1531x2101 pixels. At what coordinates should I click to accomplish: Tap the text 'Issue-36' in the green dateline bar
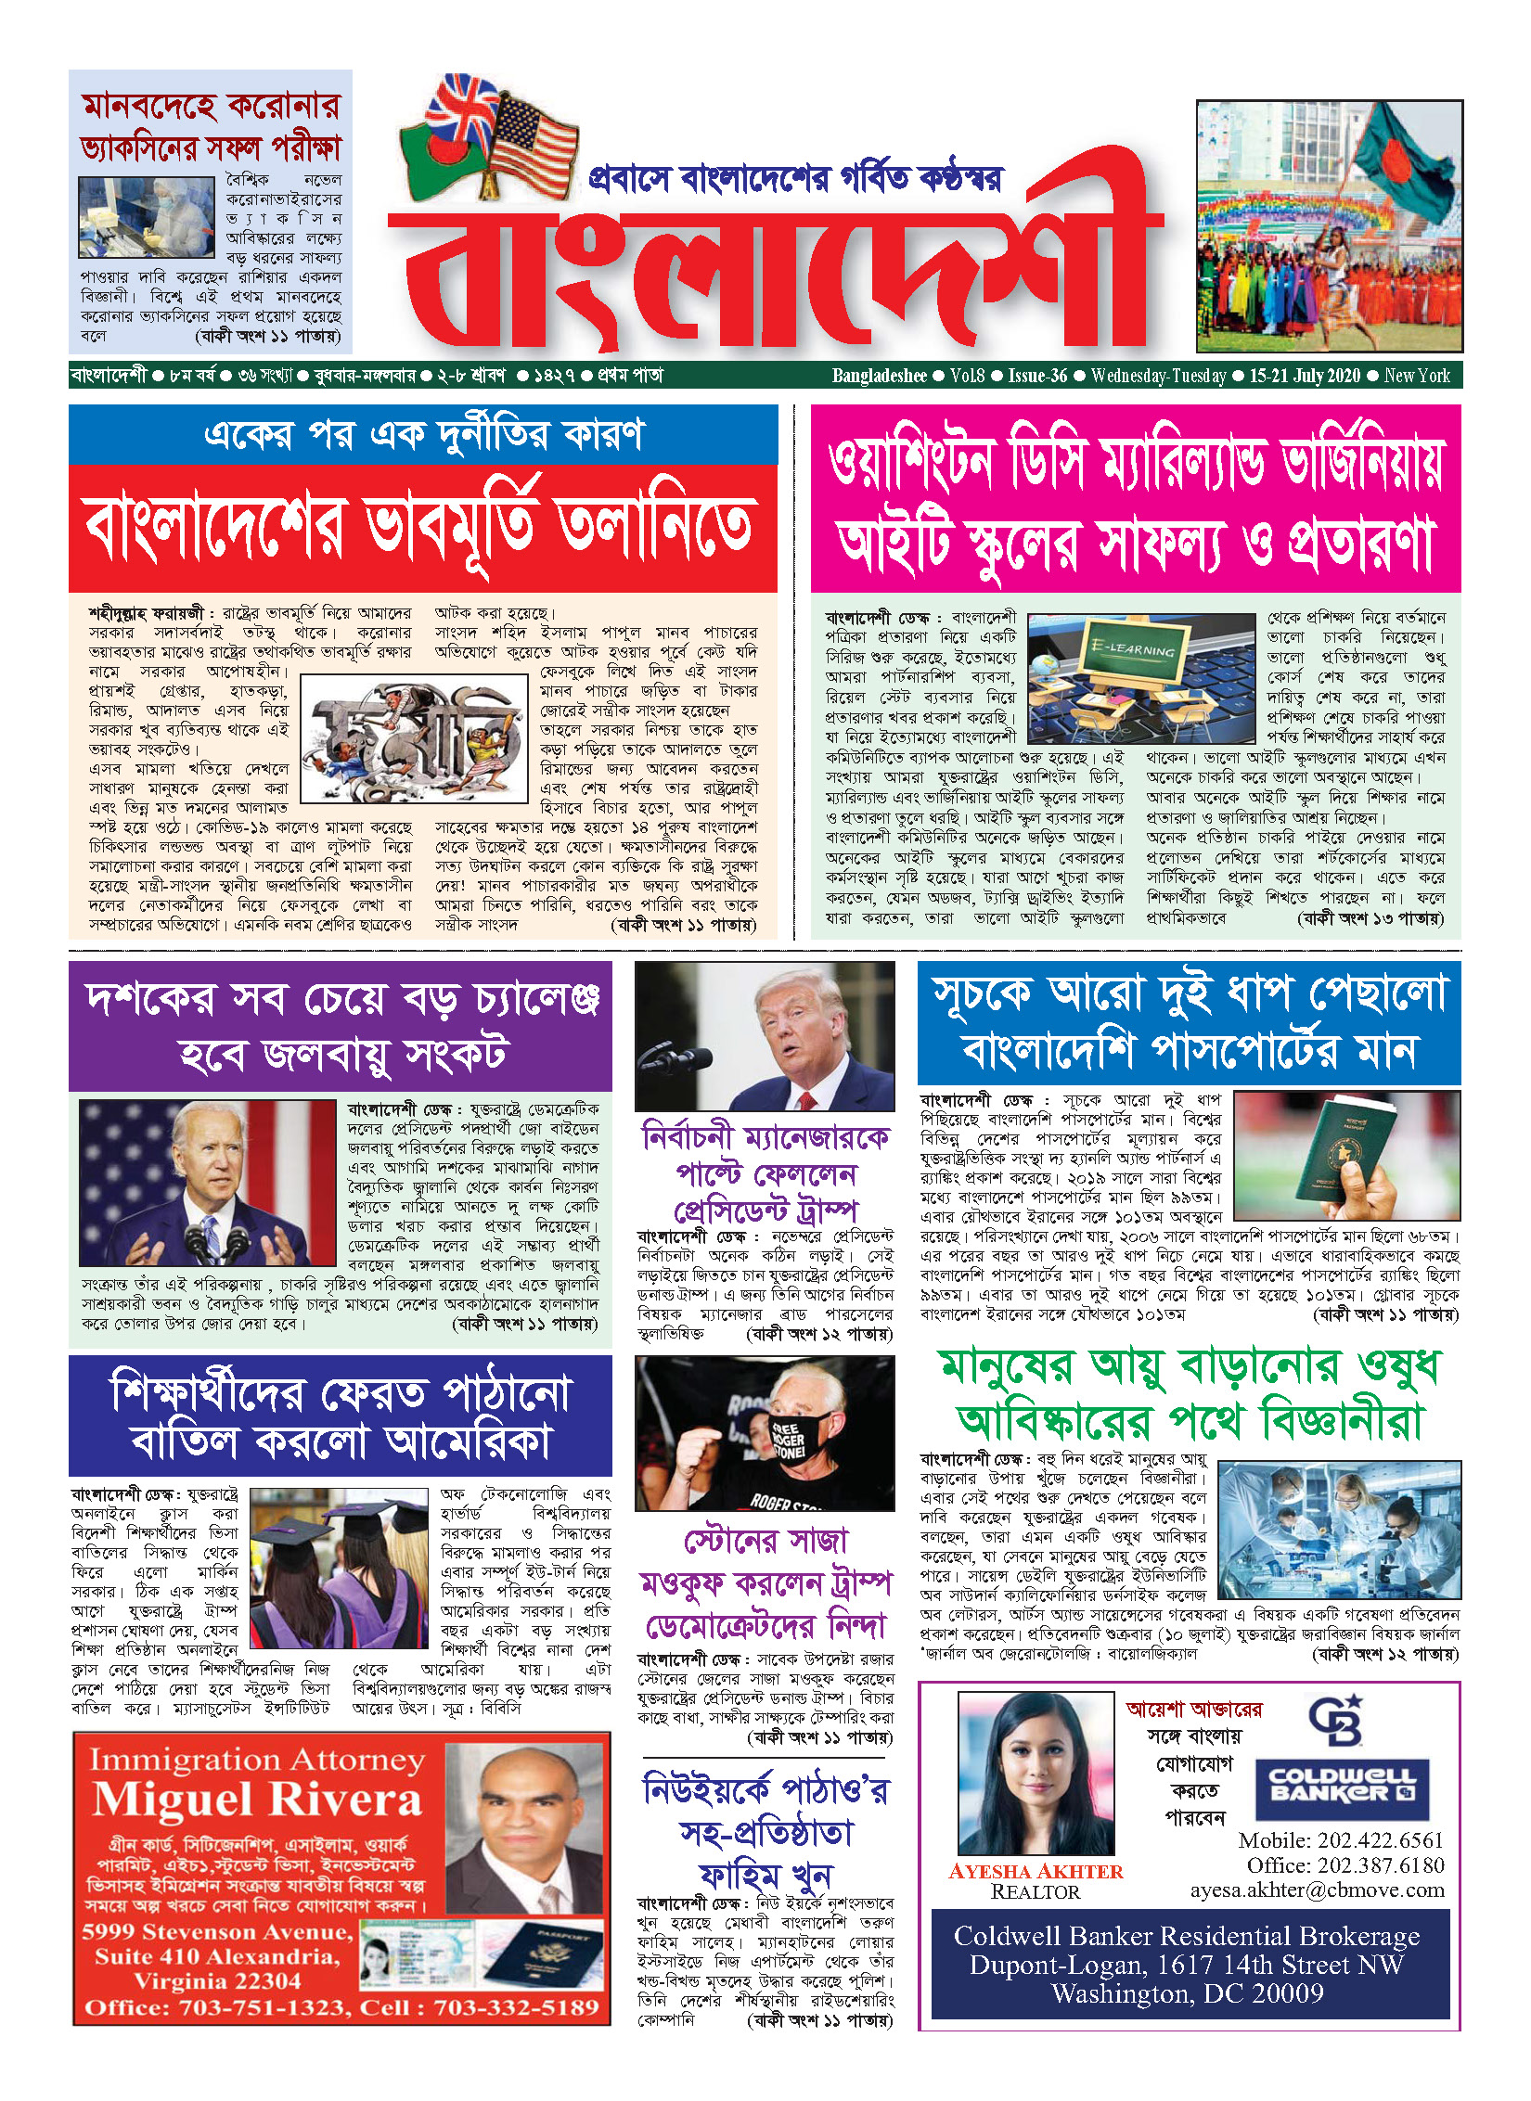click(1037, 376)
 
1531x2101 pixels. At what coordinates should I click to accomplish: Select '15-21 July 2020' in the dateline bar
click(1304, 376)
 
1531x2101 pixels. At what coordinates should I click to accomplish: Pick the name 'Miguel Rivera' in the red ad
click(257, 1800)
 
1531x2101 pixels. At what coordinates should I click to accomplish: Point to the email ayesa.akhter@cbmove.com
click(1317, 1890)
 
